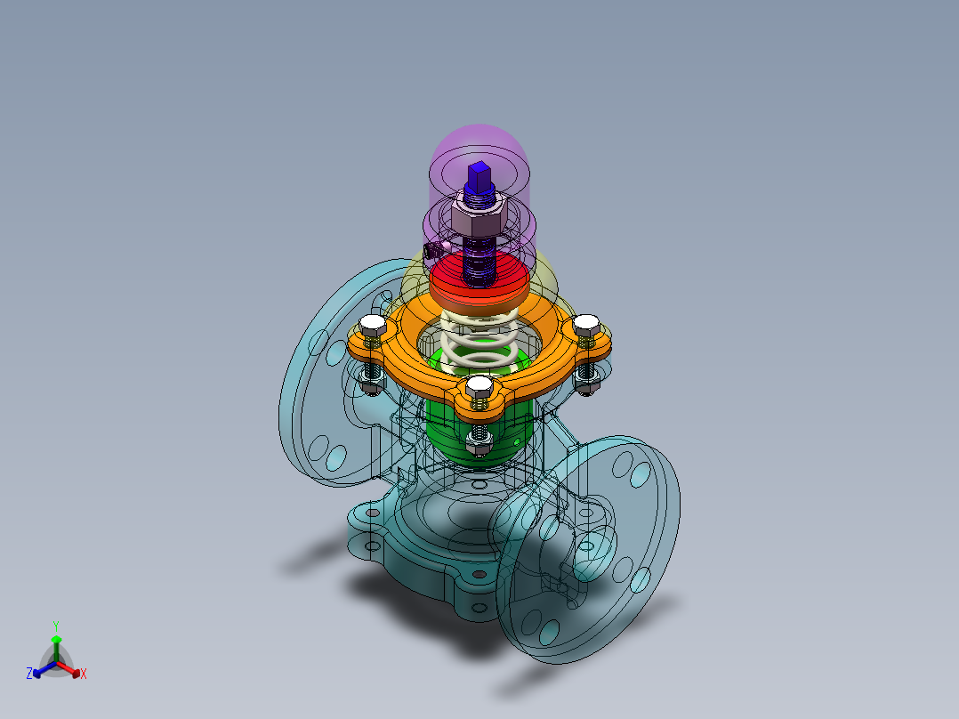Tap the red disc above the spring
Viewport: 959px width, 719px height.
[479, 283]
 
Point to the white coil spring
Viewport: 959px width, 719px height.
[479, 340]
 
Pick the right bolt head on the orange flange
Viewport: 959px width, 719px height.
[586, 324]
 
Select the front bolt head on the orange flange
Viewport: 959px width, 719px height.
[479, 387]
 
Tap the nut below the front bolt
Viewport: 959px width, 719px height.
[479, 444]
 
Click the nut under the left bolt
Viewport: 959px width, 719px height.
[371, 384]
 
